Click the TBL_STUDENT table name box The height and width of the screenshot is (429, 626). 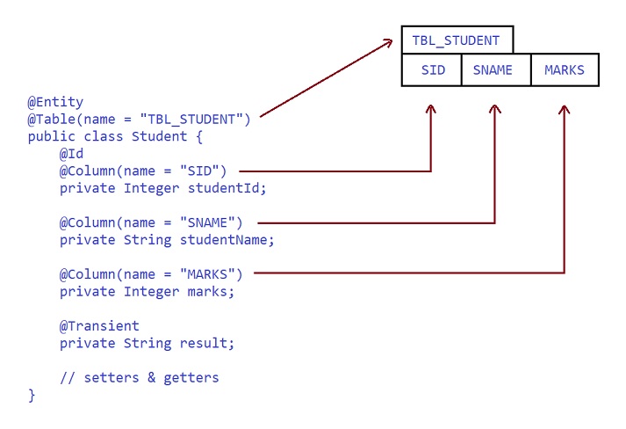457,40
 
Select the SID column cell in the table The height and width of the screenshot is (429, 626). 432,70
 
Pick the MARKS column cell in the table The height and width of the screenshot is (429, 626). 564,70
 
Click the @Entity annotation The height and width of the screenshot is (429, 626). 55,102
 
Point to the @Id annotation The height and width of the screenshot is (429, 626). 71,154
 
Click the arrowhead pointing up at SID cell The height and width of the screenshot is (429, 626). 431,109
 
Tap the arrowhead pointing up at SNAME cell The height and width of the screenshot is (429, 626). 495,109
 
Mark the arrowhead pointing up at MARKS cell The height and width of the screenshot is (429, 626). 564,109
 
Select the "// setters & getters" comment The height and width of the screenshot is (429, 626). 139,378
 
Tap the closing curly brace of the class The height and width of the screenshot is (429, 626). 32,396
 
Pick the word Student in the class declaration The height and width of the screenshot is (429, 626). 159,136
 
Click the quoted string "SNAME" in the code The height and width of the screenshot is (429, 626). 207,222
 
